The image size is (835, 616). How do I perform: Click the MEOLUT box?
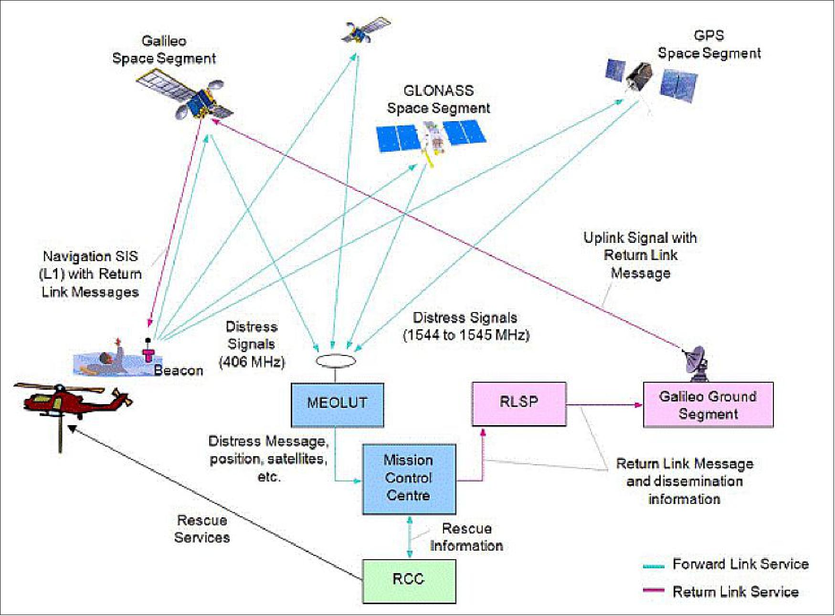tap(337, 404)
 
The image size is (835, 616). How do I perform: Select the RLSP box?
tap(519, 403)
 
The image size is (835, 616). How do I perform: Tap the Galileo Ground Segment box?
tap(708, 405)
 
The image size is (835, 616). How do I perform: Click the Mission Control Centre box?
tap(409, 479)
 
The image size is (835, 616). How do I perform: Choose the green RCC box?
tap(409, 581)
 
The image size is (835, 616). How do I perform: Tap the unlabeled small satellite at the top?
tap(365, 31)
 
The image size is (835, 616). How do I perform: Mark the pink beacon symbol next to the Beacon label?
tap(148, 354)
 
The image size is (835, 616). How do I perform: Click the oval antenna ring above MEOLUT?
tap(336, 361)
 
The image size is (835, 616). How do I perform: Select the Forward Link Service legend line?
tap(654, 566)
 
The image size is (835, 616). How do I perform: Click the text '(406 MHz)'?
tap(252, 362)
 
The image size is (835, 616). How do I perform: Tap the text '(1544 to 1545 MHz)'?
tap(466, 335)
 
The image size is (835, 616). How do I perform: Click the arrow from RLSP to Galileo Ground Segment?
tap(604, 405)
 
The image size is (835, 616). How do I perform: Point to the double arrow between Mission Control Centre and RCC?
tap(409, 537)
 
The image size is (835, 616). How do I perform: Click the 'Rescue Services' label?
tap(201, 529)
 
